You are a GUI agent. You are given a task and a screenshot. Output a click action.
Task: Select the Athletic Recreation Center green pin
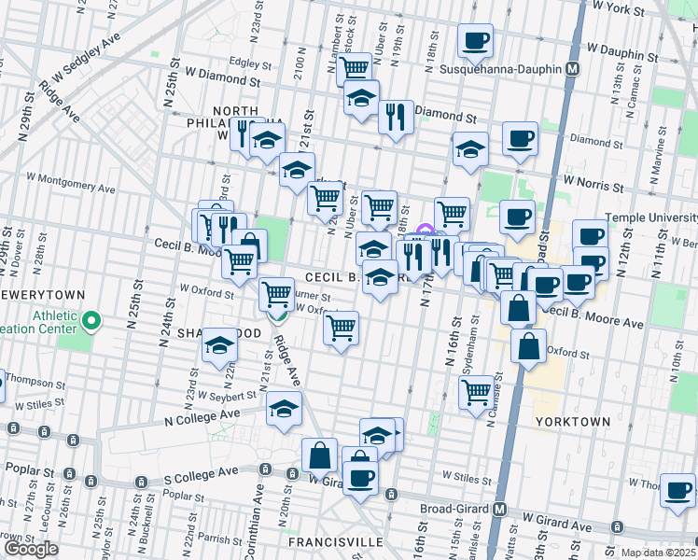(x=91, y=323)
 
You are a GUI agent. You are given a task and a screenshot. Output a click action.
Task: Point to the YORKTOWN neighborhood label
(x=573, y=422)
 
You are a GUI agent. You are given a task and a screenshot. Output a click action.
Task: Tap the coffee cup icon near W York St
(x=476, y=40)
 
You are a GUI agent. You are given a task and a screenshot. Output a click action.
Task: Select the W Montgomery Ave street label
(x=70, y=182)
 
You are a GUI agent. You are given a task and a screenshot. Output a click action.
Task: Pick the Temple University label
(x=651, y=217)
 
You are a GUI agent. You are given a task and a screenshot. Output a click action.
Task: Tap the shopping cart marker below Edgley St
(x=355, y=67)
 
